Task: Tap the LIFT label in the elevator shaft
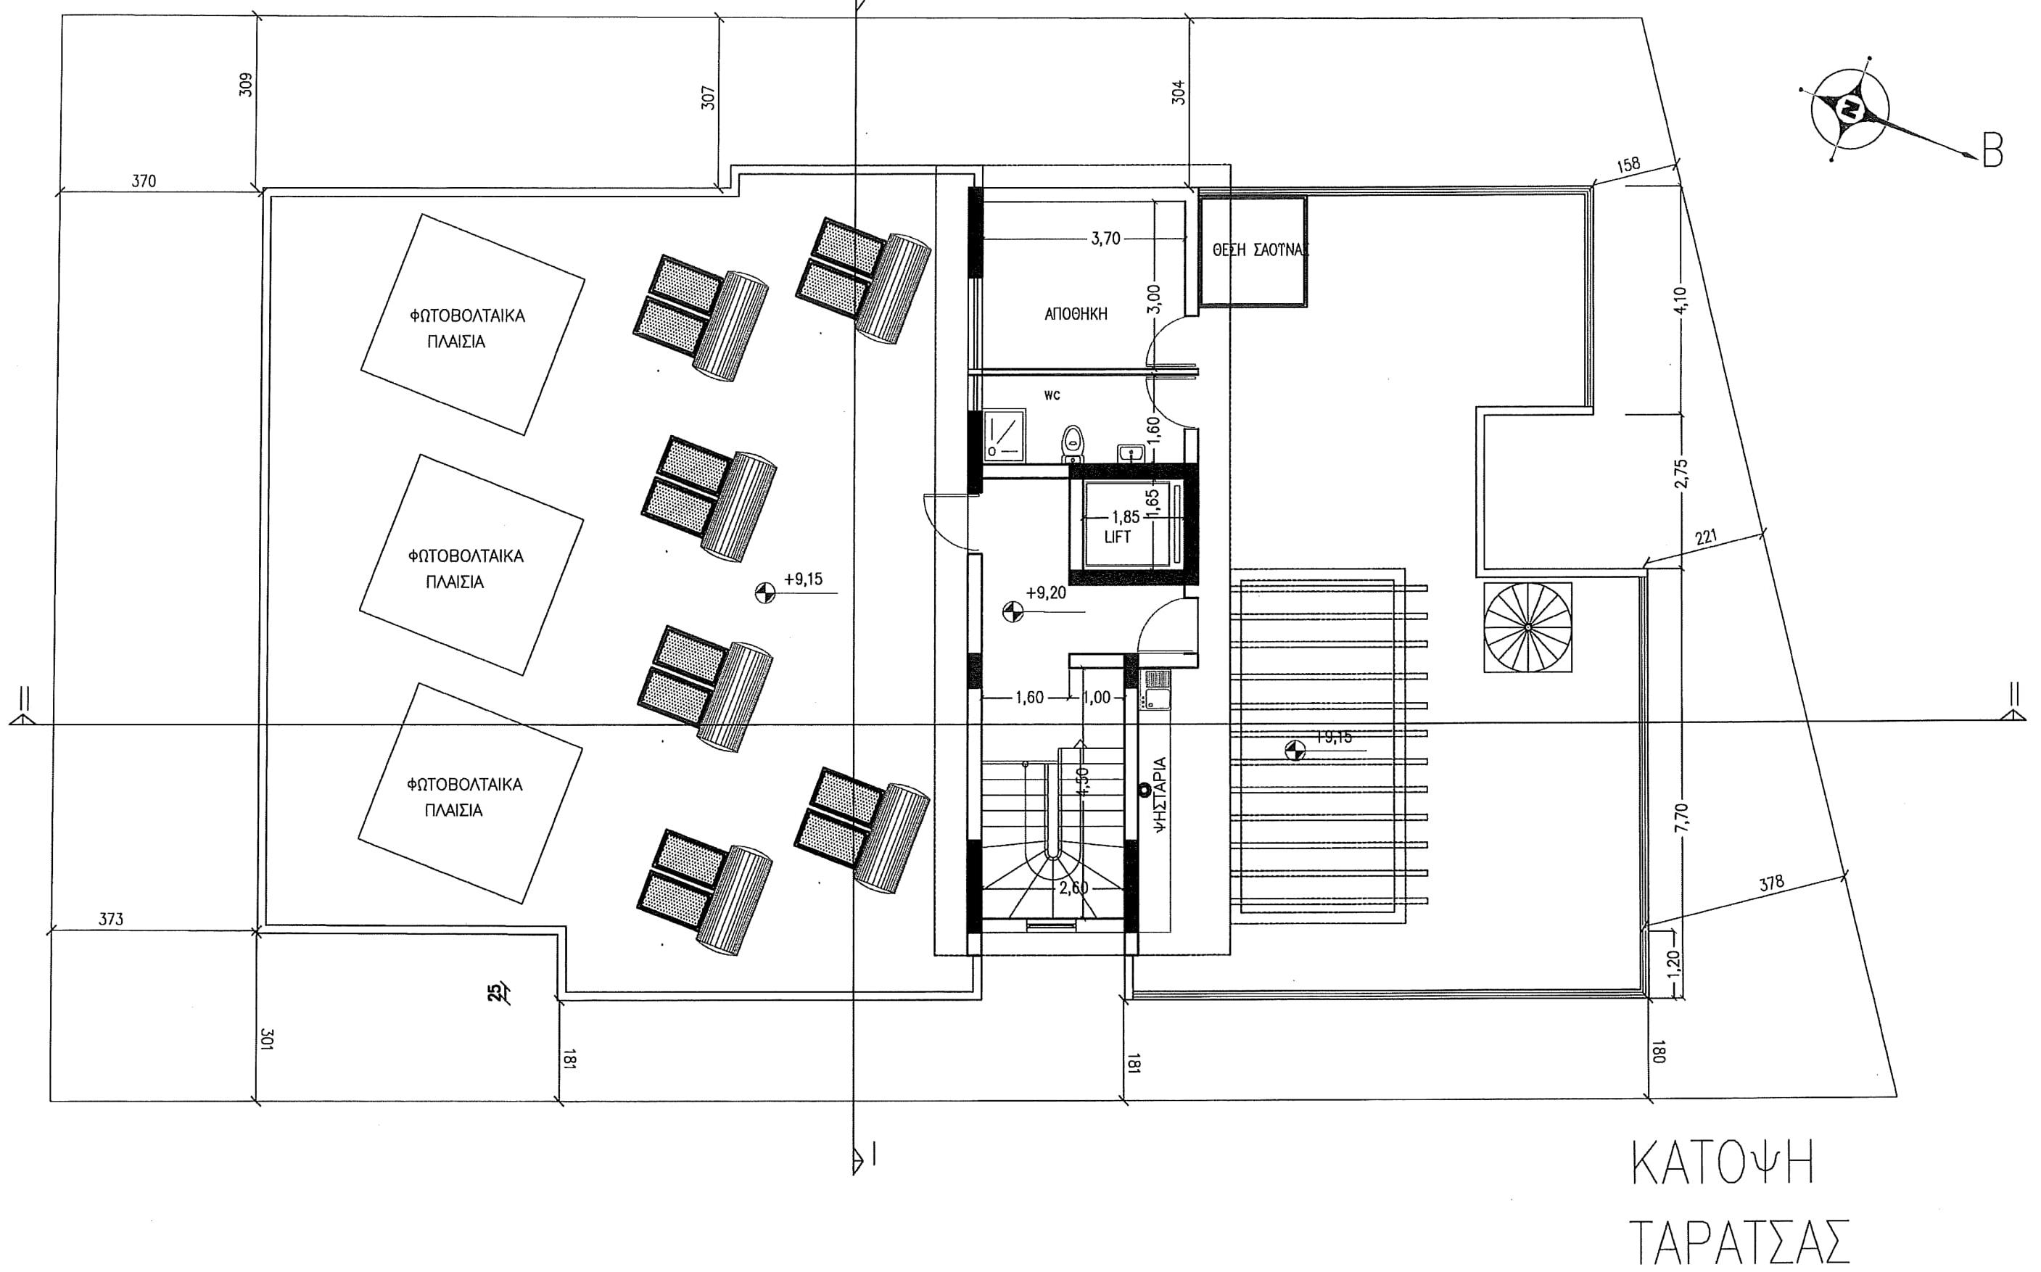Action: click(1117, 537)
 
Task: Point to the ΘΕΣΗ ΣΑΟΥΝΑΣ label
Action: click(1259, 250)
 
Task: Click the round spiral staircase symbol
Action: click(1527, 627)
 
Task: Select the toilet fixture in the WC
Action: click(1072, 442)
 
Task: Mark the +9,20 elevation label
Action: click(1045, 593)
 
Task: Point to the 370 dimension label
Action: click(144, 181)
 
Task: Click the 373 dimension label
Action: click(111, 920)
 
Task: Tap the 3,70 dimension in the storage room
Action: click(1105, 239)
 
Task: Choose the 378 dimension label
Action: click(1771, 884)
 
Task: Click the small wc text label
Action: click(1051, 395)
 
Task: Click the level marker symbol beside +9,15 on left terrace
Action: click(764, 593)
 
